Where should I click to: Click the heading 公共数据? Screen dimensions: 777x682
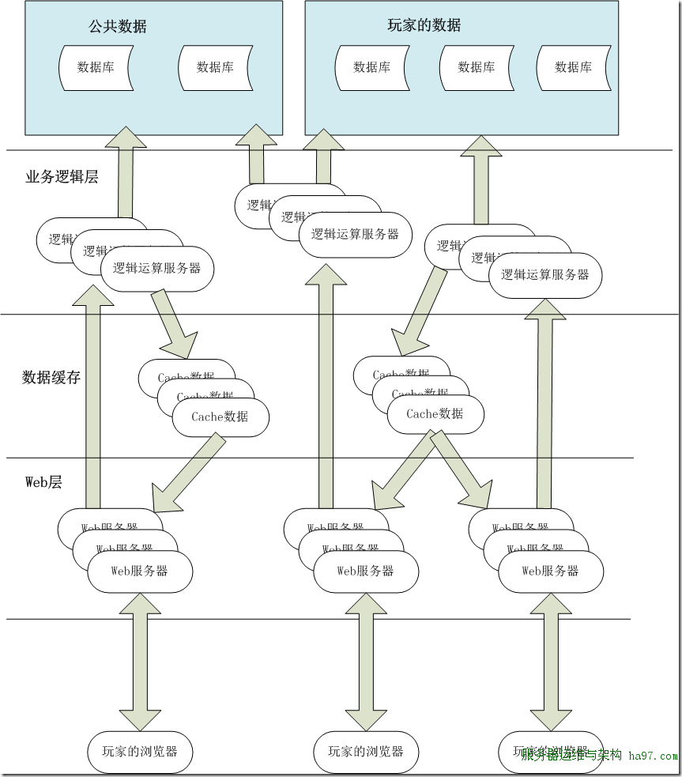(118, 26)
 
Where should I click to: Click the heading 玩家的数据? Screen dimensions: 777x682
(424, 25)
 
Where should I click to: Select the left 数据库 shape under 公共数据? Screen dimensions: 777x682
(96, 67)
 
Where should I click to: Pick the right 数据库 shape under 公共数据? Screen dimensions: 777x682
(215, 67)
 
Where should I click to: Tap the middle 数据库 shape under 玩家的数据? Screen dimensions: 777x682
(476, 67)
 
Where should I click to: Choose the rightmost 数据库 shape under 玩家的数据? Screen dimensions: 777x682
(573, 67)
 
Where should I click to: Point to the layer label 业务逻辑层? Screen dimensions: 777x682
(62, 177)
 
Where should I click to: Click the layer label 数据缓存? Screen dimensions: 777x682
(51, 377)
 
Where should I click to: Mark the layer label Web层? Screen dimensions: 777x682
(43, 481)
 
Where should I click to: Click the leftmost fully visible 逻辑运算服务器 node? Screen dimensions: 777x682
(156, 269)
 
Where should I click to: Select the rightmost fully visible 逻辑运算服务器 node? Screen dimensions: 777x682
(545, 275)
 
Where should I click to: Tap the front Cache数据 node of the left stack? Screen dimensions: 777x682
(220, 417)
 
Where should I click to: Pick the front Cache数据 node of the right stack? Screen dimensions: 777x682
(435, 413)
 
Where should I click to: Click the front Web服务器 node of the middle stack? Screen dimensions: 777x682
(365, 571)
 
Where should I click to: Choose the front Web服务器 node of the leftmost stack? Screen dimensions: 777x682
(139, 571)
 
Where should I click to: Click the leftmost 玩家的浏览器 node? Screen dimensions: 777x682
(140, 750)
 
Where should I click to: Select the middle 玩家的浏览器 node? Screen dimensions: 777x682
(366, 750)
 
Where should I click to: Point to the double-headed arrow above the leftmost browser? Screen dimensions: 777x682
(140, 662)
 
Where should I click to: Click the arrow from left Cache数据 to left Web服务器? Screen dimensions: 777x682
(188, 473)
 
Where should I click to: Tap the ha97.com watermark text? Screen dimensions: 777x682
(653, 756)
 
